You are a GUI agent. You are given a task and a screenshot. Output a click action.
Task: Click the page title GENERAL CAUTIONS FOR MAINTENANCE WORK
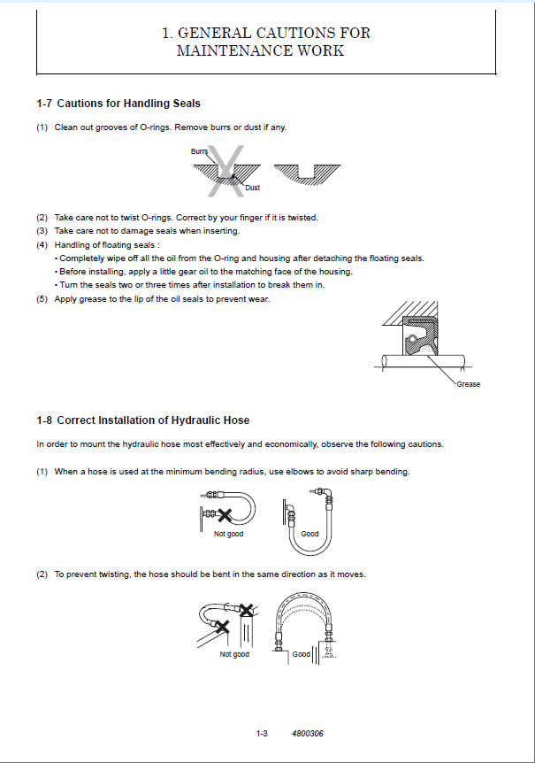(266, 42)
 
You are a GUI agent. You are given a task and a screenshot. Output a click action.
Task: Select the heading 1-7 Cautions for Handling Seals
(118, 104)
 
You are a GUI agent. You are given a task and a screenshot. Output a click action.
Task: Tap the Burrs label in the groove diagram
(199, 152)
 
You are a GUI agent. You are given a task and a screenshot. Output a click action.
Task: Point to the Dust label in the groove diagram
(252, 188)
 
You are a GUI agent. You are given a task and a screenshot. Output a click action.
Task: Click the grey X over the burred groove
(225, 170)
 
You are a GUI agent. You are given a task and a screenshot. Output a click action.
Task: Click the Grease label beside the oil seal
(469, 384)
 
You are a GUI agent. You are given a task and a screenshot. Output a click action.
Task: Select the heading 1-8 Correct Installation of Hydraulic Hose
(142, 420)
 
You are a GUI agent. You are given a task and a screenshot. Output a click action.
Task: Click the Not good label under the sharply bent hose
(228, 534)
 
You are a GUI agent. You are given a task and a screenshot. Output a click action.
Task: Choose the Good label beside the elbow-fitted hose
(310, 534)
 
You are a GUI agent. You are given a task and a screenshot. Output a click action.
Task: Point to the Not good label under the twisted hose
(234, 654)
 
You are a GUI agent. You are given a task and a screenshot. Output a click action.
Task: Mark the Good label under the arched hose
(302, 654)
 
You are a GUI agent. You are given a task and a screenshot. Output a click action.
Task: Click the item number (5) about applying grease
(42, 299)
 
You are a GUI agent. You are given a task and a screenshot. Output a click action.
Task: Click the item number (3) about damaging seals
(42, 231)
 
